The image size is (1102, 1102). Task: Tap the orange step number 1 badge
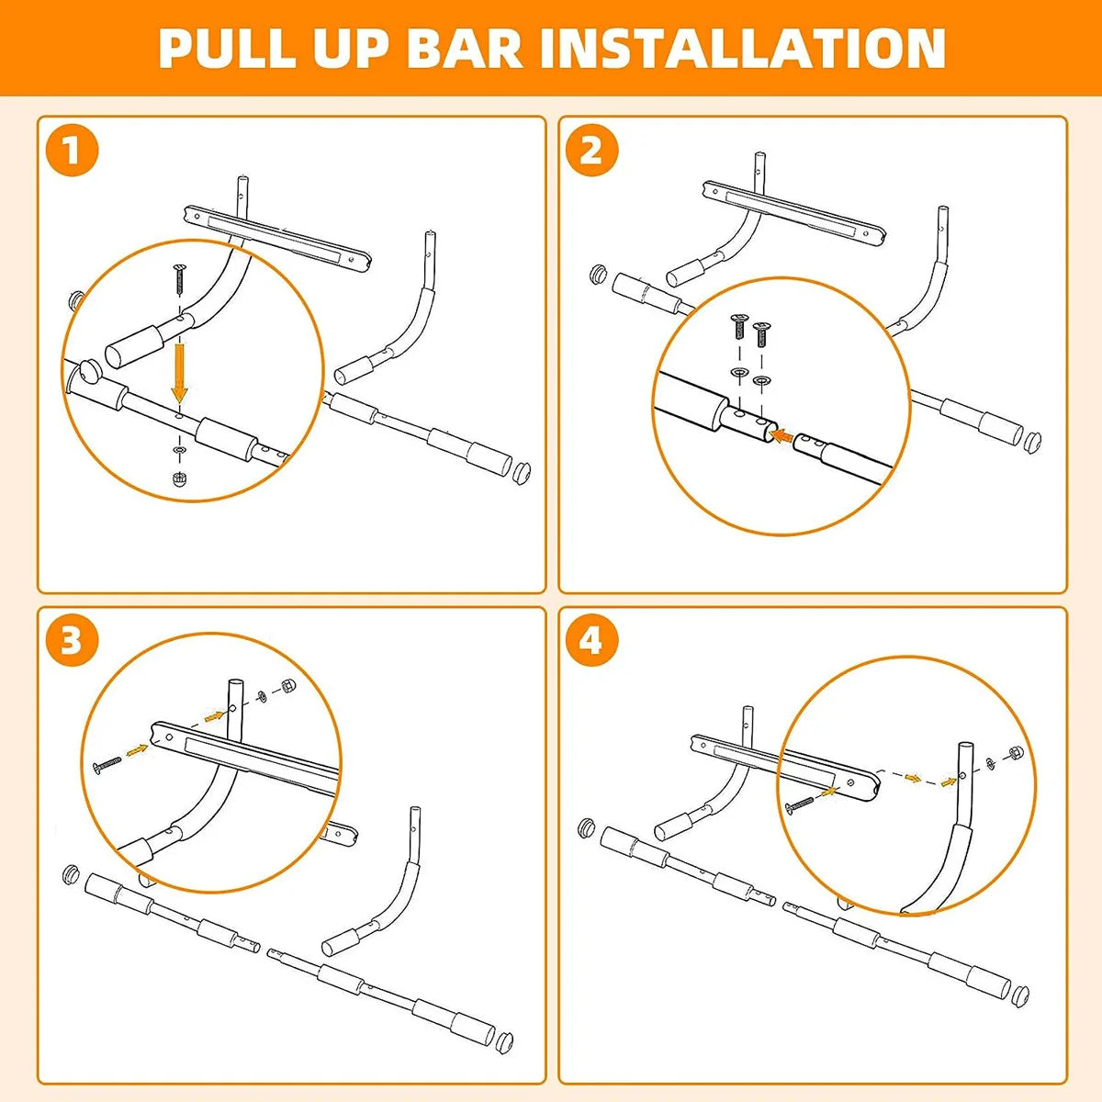[72, 150]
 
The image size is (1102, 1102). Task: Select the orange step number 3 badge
[72, 641]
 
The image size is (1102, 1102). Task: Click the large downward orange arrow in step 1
[180, 371]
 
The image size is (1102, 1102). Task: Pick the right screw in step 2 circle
[760, 333]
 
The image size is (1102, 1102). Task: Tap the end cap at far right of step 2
[1031, 442]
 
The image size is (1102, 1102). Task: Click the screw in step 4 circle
[799, 805]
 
